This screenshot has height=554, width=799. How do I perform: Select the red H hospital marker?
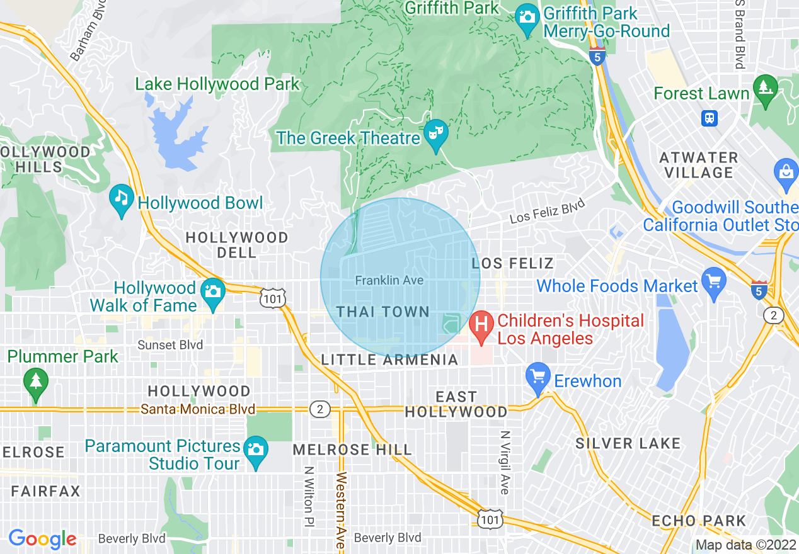pos(481,326)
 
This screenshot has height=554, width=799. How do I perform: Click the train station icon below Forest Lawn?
pos(710,118)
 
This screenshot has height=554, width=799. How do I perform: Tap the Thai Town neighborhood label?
pos(382,312)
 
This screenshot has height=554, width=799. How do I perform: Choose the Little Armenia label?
pos(389,360)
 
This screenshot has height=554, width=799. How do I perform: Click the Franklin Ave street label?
pos(389,280)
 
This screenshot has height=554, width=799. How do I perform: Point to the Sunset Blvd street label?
pos(170,345)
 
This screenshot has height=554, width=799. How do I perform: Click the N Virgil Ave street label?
pos(505,462)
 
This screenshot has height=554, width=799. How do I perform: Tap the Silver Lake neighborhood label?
pos(628,444)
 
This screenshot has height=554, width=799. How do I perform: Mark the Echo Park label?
pos(699,521)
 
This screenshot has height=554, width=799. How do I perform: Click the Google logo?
pos(42,539)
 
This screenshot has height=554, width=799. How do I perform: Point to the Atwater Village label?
pos(698,165)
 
